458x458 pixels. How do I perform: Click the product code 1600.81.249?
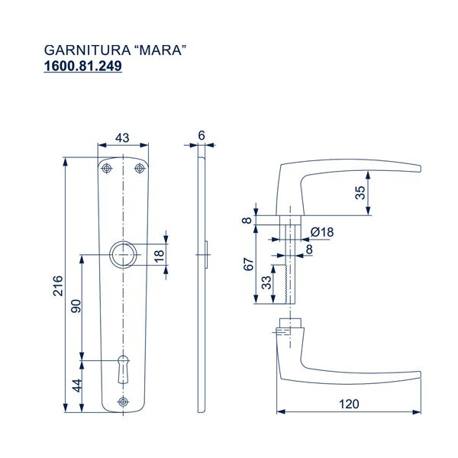[84, 66]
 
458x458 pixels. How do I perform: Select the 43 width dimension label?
[122, 137]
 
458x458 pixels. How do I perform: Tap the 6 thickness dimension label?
[202, 135]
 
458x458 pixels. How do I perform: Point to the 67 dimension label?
[249, 265]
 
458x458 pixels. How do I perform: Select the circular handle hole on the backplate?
[123, 254]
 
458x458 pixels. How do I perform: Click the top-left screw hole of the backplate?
[108, 169]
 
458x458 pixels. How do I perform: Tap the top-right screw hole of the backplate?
[138, 169]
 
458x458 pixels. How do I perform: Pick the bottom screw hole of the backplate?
[123, 402]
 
